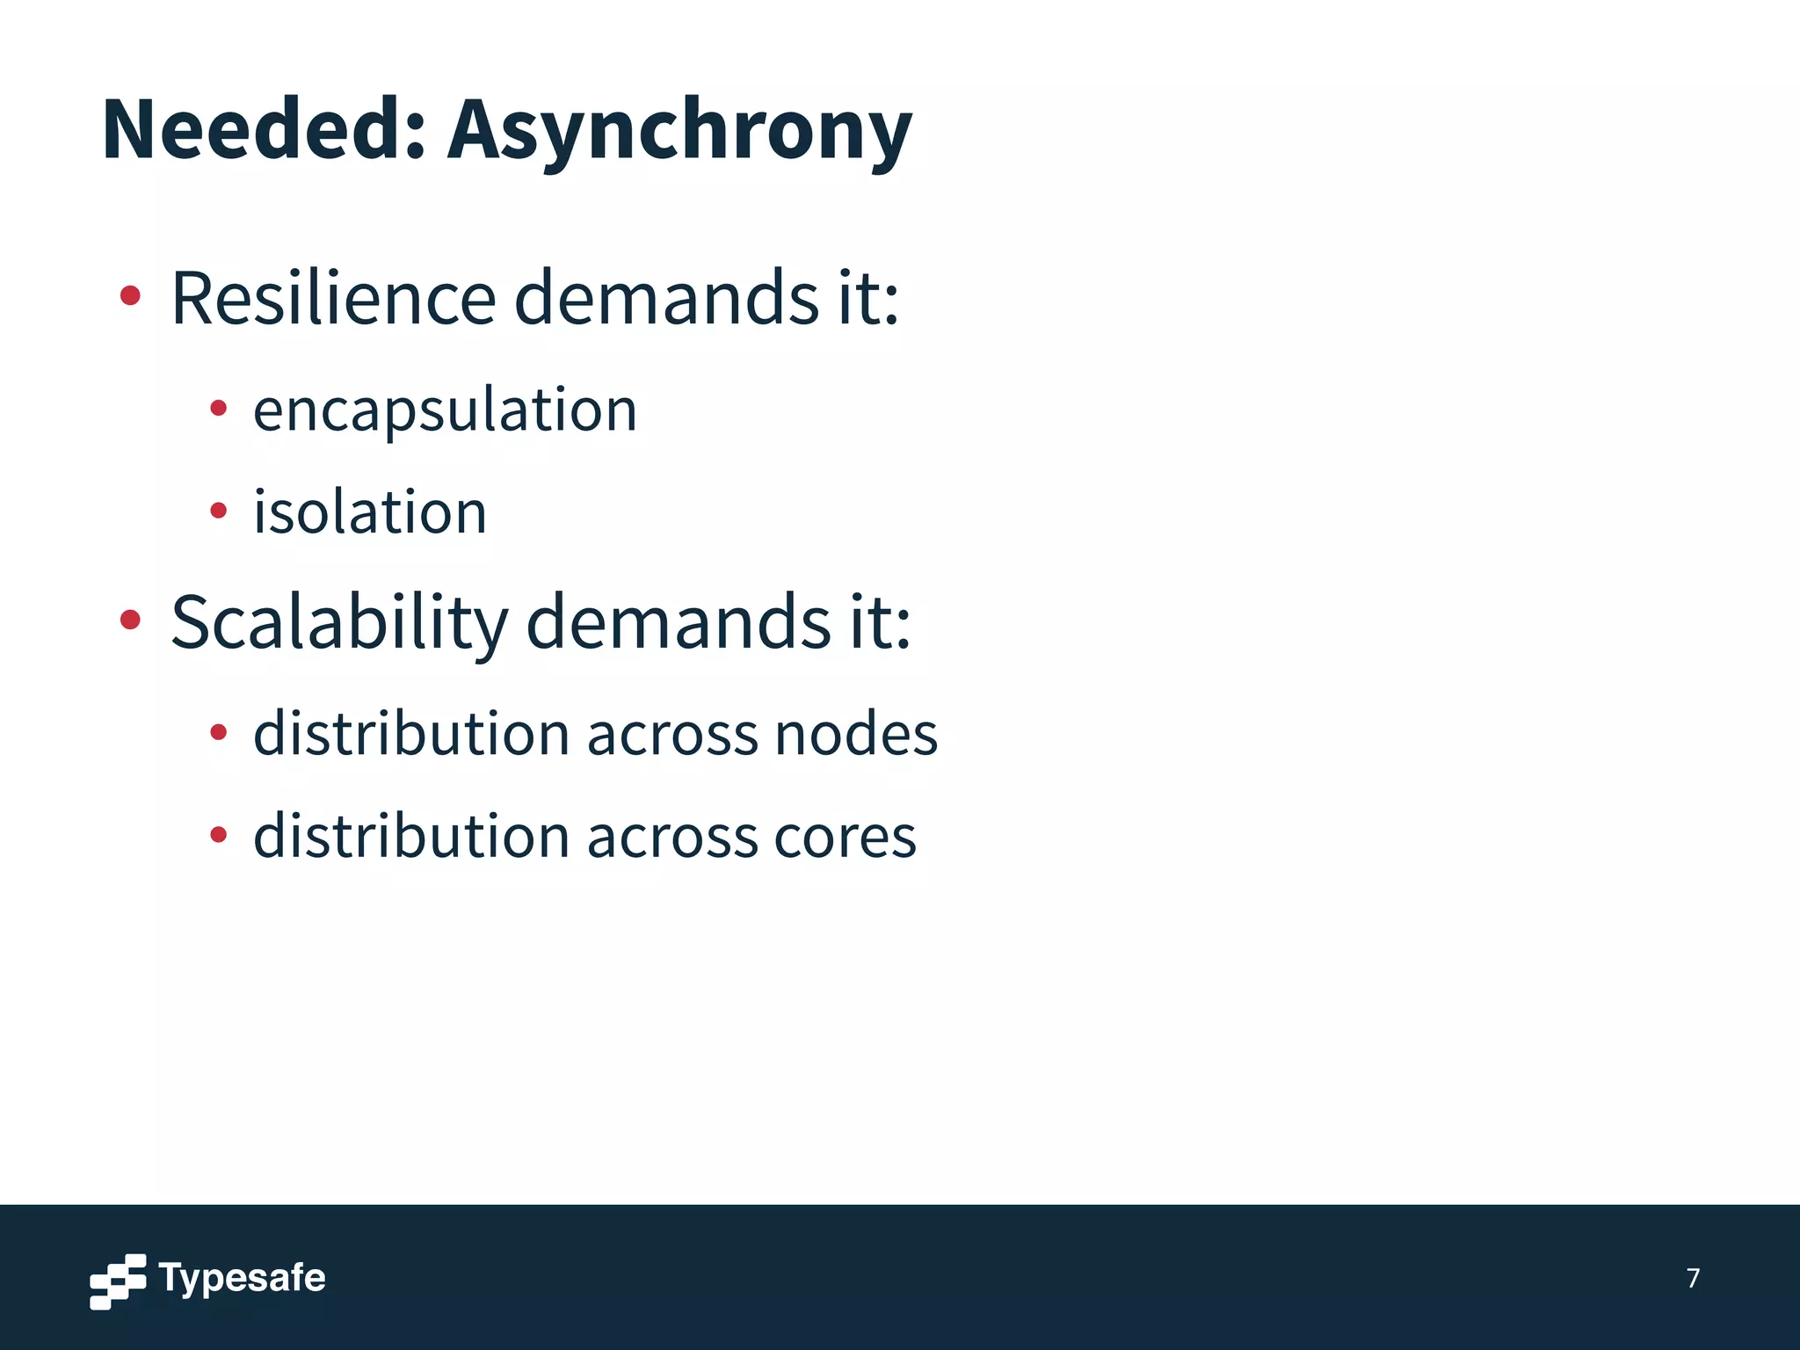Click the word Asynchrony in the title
pos(679,132)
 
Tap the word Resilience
pos(334,299)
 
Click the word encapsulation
pos(445,411)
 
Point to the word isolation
pos(370,512)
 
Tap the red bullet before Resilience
pos(130,296)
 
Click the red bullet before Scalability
pos(130,621)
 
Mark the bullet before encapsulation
pos(219,408)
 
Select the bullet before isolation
pos(219,510)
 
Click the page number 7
pos(1693,1278)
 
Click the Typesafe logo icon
pos(118,1281)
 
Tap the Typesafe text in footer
pos(242,1278)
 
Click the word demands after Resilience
pos(666,299)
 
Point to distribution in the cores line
pos(411,836)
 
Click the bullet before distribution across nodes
pos(219,731)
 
